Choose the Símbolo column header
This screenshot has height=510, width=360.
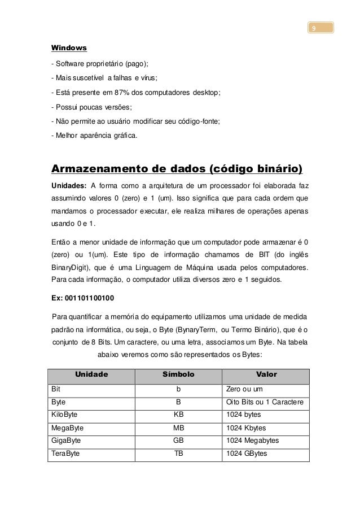pos(178,374)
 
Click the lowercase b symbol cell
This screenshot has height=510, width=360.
pos(178,389)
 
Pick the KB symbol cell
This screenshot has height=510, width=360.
pos(178,415)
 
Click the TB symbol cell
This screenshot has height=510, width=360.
pos(178,454)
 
